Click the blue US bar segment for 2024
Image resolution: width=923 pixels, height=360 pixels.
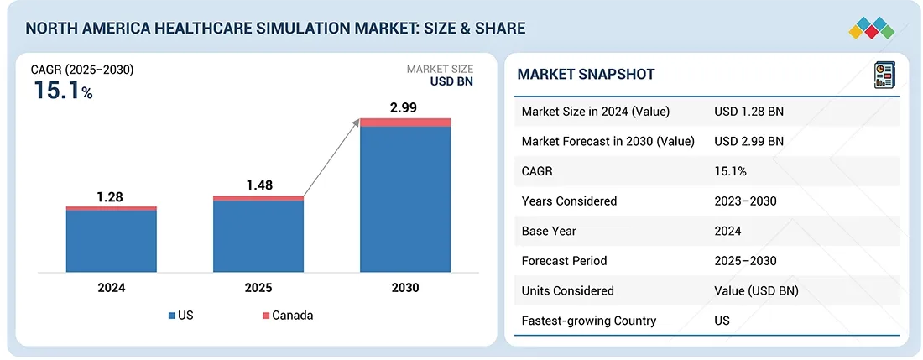(112, 241)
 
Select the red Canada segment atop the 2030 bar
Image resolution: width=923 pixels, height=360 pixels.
(405, 123)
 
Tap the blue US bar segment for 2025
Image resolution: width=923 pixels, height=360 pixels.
(258, 236)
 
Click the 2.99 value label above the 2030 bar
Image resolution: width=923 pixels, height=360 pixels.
(403, 107)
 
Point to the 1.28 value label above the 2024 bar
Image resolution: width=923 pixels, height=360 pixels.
(110, 196)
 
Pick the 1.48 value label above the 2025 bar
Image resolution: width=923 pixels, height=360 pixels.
(258, 185)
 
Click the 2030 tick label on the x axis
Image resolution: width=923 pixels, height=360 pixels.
(404, 287)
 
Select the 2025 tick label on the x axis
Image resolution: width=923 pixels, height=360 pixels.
(258, 287)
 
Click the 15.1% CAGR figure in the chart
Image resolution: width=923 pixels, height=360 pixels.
(63, 91)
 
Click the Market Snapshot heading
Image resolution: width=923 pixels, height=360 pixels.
(586, 74)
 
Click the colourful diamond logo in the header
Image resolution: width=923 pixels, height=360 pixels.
(872, 28)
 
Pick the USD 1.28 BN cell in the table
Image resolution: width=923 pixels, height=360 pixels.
(748, 112)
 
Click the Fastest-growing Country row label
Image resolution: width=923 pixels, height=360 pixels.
(588, 321)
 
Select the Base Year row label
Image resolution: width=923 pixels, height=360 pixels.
(550, 231)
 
